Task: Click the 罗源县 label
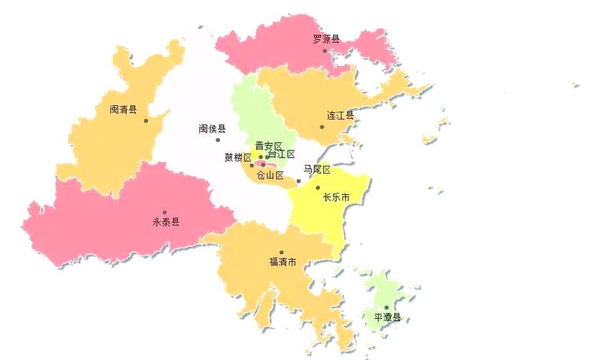pyautogui.click(x=326, y=40)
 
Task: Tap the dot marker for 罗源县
pyautogui.click(x=325, y=50)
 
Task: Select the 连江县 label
pyautogui.click(x=340, y=115)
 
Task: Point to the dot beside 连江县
pyautogui.click(x=322, y=127)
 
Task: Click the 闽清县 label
pyautogui.click(x=123, y=110)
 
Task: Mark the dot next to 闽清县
pyautogui.click(x=146, y=120)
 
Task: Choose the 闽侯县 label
pyautogui.click(x=212, y=129)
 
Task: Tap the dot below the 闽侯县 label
pyautogui.click(x=218, y=140)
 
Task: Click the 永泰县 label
pyautogui.click(x=166, y=222)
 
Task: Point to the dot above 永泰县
pyautogui.click(x=164, y=212)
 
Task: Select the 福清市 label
pyautogui.click(x=282, y=262)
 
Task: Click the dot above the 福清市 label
pyautogui.click(x=282, y=252)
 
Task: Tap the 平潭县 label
pyautogui.click(x=387, y=318)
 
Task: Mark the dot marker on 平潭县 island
pyautogui.click(x=386, y=307)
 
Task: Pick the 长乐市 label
pyautogui.click(x=336, y=197)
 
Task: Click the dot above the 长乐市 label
pyautogui.click(x=318, y=187)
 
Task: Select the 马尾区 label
pyautogui.click(x=316, y=170)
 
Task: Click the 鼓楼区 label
pyautogui.click(x=238, y=158)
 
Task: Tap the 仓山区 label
pyautogui.click(x=270, y=175)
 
